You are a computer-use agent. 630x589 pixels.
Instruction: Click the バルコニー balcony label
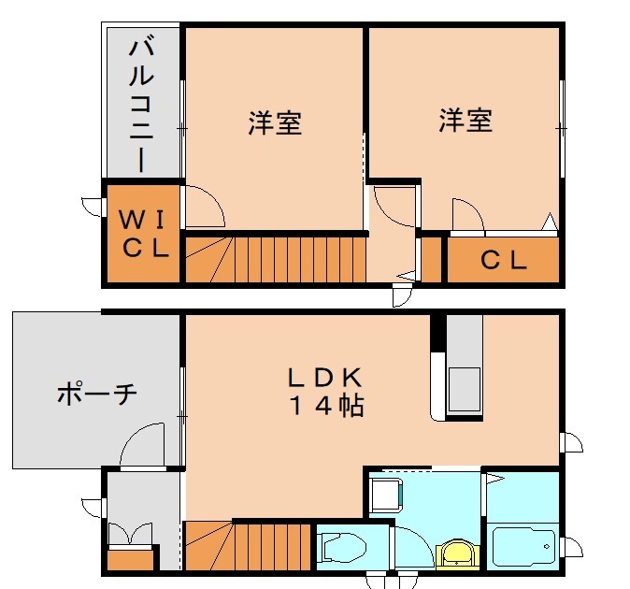click(x=141, y=103)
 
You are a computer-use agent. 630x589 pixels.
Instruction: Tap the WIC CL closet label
click(x=144, y=235)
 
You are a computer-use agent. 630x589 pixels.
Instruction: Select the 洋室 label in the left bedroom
click(x=275, y=123)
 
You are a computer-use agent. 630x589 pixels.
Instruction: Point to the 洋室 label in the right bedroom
click(x=465, y=120)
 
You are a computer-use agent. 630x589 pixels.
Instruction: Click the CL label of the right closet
click(x=504, y=261)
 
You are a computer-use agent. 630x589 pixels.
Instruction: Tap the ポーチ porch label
click(x=96, y=394)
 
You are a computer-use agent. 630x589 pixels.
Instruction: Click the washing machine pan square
click(x=386, y=493)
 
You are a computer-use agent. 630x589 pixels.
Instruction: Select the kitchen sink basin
click(x=464, y=388)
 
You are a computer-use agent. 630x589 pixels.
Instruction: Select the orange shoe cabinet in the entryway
click(x=130, y=559)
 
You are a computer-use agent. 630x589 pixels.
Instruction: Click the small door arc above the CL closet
click(x=467, y=214)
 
